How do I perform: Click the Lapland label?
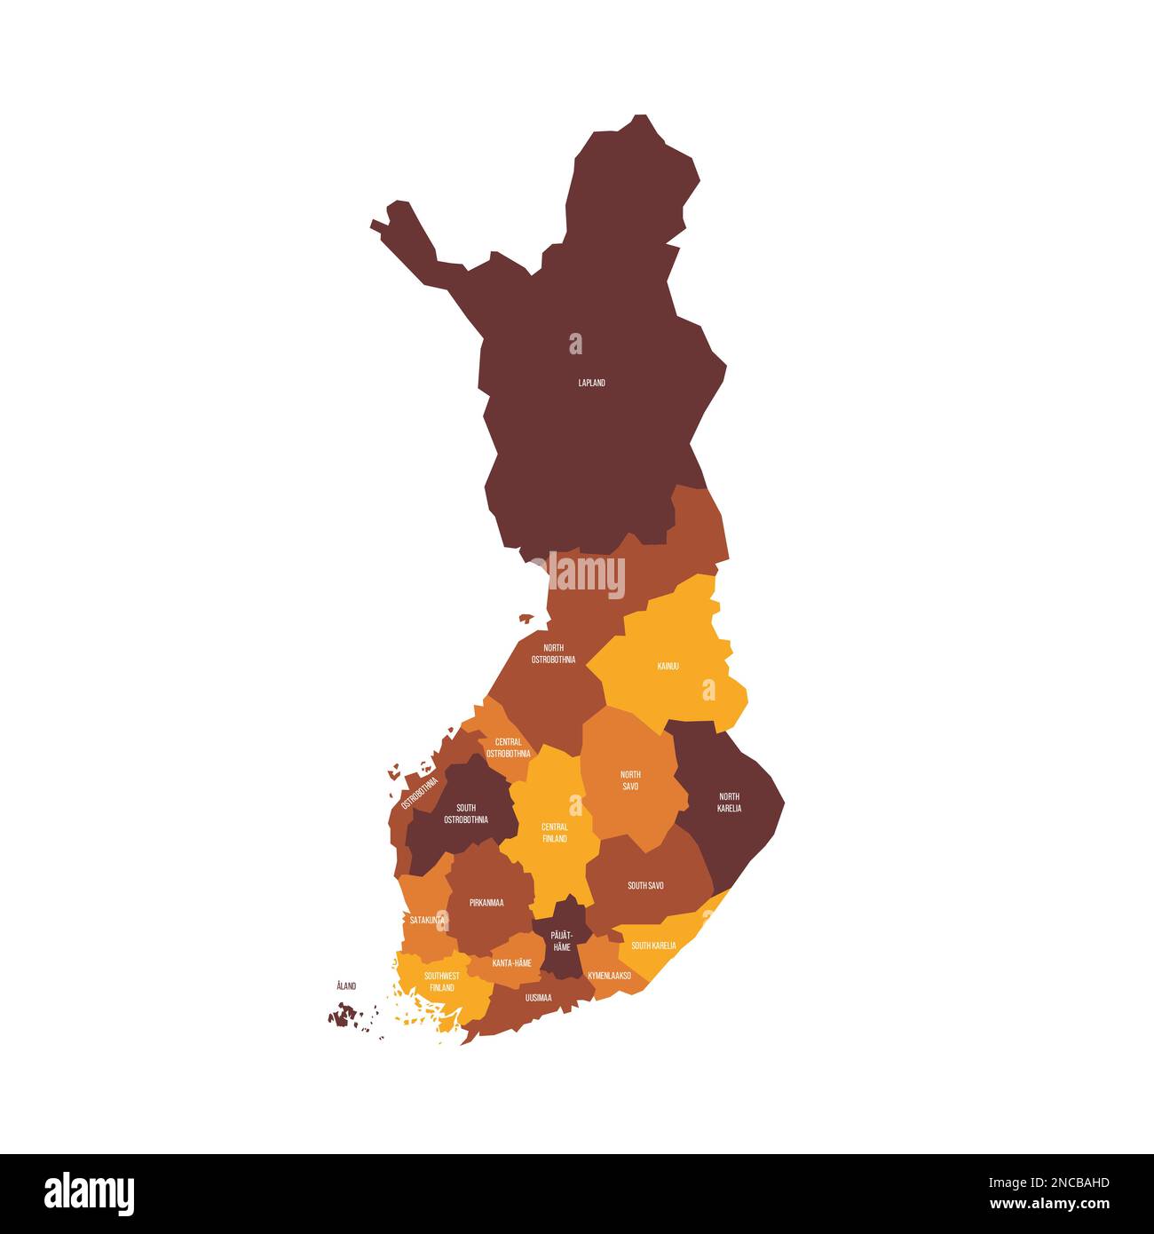(x=591, y=383)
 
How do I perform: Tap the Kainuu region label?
(x=668, y=666)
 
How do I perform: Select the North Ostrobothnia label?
(x=553, y=653)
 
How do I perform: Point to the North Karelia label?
(x=729, y=803)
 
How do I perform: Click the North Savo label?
(x=630, y=780)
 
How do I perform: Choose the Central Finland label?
(x=555, y=833)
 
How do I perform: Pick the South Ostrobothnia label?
(x=465, y=813)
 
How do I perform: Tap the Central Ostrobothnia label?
(x=508, y=748)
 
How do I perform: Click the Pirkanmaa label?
(x=487, y=903)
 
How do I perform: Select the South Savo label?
(x=645, y=885)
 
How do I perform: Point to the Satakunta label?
(x=427, y=921)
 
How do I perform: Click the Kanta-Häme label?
(x=511, y=962)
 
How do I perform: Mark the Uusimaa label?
(x=538, y=998)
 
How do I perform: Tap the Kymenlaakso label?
(x=609, y=975)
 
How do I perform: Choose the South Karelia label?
(x=653, y=945)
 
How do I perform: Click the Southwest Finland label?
(x=441, y=981)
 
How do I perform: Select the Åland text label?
(x=346, y=985)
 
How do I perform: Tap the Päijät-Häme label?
(x=561, y=941)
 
